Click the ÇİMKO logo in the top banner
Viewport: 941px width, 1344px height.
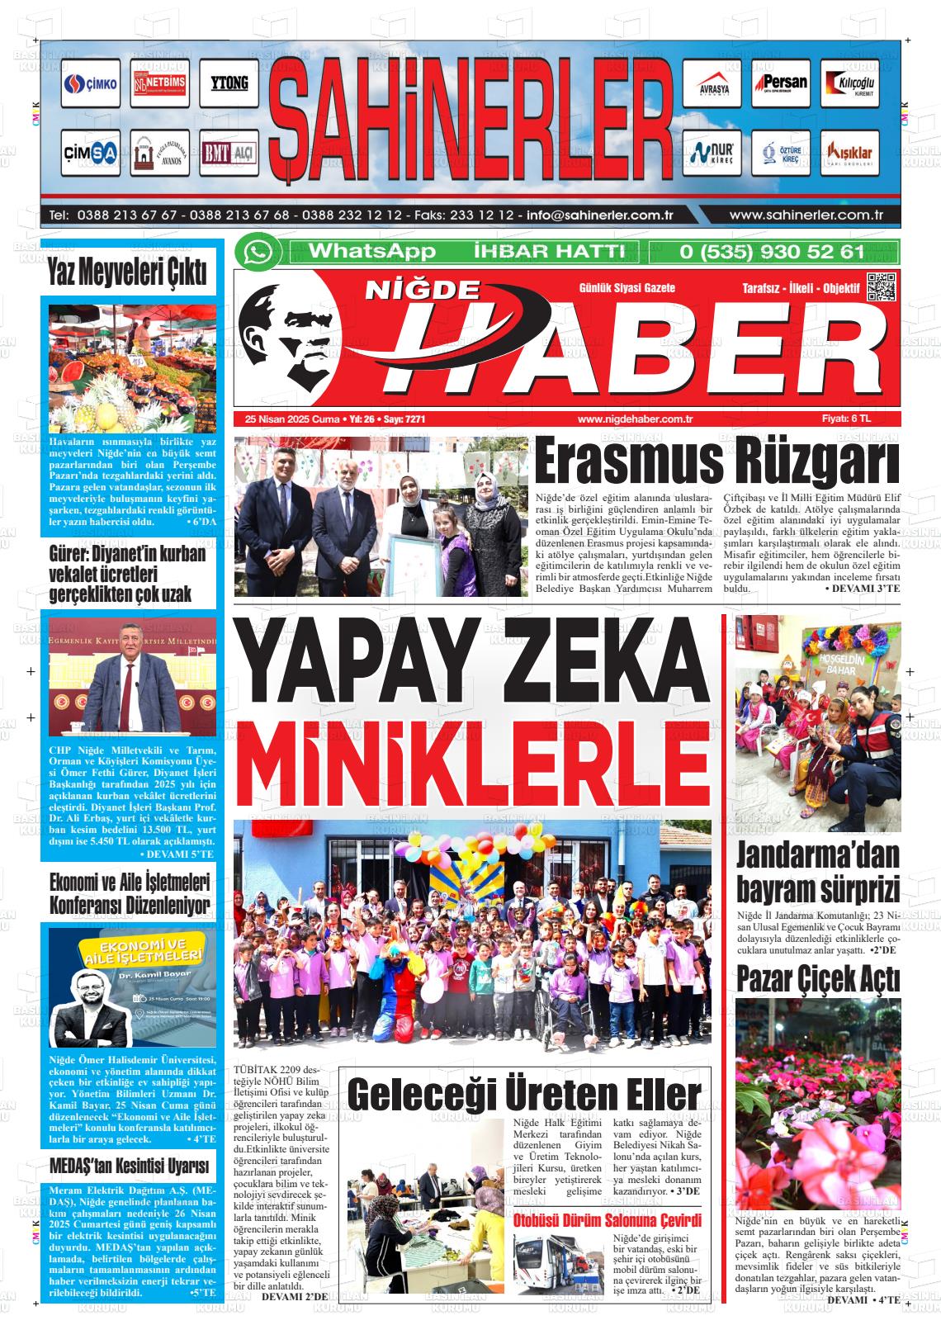pyautogui.click(x=91, y=85)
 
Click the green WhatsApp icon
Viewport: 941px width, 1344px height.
pyautogui.click(x=258, y=253)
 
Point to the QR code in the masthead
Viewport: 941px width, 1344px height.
pyautogui.click(x=880, y=286)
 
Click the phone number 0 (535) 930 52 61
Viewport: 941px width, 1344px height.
pyautogui.click(x=771, y=253)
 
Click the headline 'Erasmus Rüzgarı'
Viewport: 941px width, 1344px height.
pyautogui.click(x=716, y=464)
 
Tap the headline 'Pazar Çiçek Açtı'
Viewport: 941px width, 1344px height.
pyautogui.click(x=817, y=979)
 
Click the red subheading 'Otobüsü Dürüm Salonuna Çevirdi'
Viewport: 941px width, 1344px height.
pyautogui.click(x=607, y=1221)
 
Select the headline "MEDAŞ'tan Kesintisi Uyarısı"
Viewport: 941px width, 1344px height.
pyautogui.click(x=128, y=1168)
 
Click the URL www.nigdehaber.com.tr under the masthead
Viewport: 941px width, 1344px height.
pyautogui.click(x=635, y=419)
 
